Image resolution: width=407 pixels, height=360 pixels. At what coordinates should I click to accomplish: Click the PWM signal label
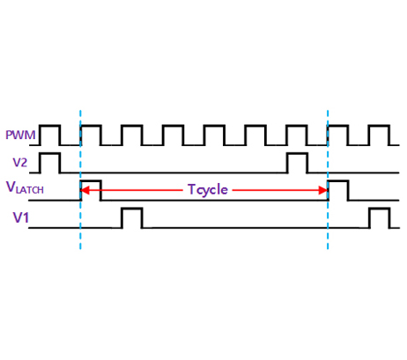point(20,135)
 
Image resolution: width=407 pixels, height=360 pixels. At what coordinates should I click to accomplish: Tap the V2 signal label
point(20,162)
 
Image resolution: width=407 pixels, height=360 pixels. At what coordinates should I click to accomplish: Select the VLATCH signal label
point(25,187)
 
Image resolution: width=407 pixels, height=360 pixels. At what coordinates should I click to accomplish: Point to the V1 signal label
point(21,217)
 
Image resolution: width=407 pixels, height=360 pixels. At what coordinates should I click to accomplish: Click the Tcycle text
point(208,190)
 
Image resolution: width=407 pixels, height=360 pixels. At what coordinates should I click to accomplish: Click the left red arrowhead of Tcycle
point(84,190)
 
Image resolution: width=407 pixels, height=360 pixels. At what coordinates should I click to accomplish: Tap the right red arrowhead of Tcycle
point(323,190)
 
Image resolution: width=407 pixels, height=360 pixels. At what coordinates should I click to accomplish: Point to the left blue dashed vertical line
point(80,180)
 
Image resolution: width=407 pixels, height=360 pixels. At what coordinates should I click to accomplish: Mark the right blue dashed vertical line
point(328,180)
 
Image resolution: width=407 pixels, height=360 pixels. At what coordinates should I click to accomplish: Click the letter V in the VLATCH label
point(11,187)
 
